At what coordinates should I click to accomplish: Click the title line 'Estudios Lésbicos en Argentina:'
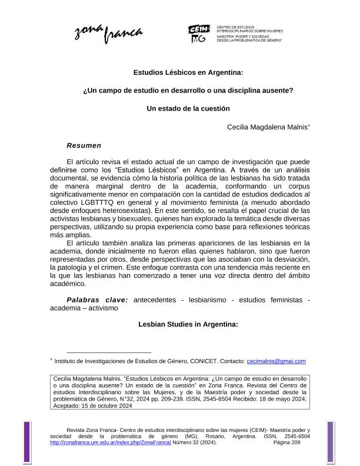tap(188, 73)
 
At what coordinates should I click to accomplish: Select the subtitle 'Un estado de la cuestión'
tap(188, 108)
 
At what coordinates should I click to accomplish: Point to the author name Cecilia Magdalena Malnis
tap(267, 127)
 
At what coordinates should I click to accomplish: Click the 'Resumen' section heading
tap(84, 145)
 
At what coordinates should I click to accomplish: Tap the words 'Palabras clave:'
tap(97, 299)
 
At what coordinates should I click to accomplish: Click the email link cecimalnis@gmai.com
tap(276, 361)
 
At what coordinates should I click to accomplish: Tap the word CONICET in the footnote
tap(208, 361)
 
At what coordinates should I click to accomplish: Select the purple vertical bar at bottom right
tap(330, 438)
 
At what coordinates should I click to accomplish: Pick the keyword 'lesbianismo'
tap(212, 299)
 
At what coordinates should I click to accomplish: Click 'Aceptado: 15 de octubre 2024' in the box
tap(93, 405)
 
